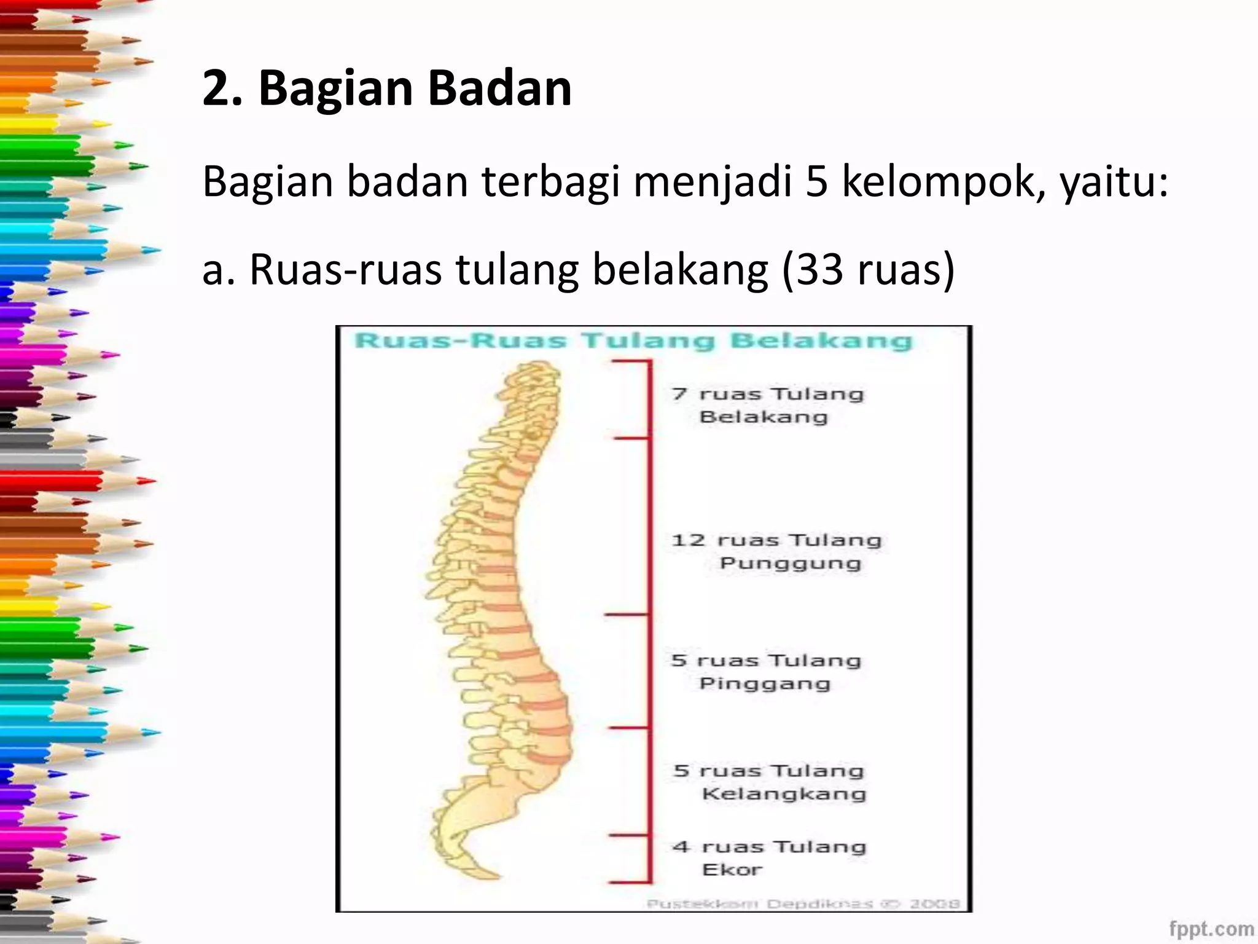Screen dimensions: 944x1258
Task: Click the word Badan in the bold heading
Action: (499, 88)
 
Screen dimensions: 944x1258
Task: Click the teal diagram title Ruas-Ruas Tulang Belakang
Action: (633, 341)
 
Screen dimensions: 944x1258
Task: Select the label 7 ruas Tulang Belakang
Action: (767, 405)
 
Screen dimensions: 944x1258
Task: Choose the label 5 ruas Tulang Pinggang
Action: (766, 671)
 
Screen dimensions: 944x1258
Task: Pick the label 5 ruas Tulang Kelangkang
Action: (770, 782)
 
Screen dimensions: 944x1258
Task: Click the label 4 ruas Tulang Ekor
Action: (769, 857)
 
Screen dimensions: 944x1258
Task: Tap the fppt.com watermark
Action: (1211, 928)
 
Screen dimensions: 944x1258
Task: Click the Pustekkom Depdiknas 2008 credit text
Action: (803, 903)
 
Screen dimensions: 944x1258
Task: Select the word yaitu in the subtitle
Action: (1112, 183)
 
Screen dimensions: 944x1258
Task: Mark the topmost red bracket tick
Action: (631, 362)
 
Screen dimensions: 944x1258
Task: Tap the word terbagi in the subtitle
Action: (550, 183)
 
